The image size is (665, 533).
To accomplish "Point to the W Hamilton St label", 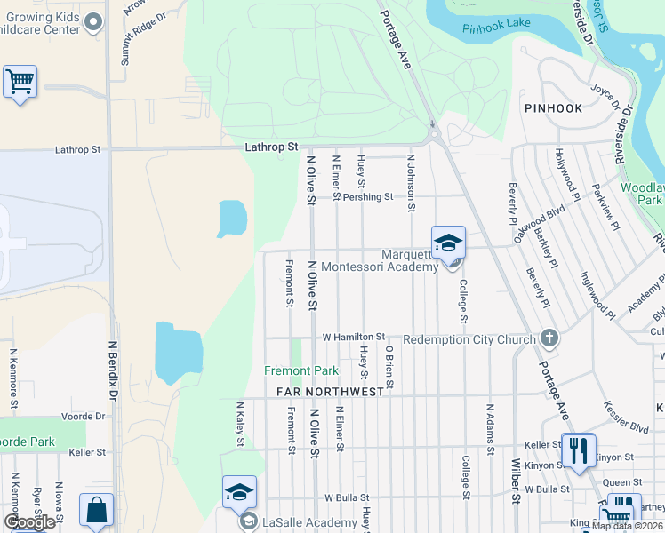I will point(353,338).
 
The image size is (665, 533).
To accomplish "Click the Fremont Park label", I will point(301,370).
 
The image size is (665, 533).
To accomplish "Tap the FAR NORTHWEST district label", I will point(330,391).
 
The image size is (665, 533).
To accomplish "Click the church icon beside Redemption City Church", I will point(549,338).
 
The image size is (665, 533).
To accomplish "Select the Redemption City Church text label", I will point(469,339).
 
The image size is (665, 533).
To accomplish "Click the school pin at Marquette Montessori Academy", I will point(448,243).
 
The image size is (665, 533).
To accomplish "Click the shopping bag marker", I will point(96,511).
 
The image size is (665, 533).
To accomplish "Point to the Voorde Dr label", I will point(84,416).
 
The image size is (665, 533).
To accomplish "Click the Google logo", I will point(29,521).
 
